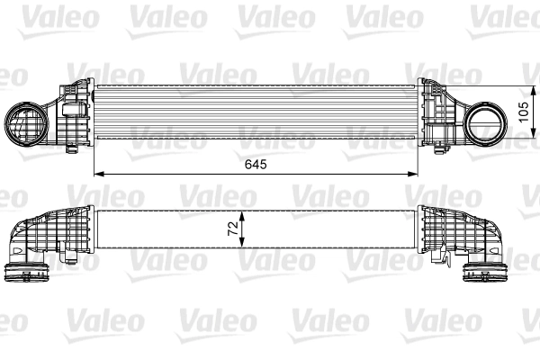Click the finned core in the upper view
point(256,112)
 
